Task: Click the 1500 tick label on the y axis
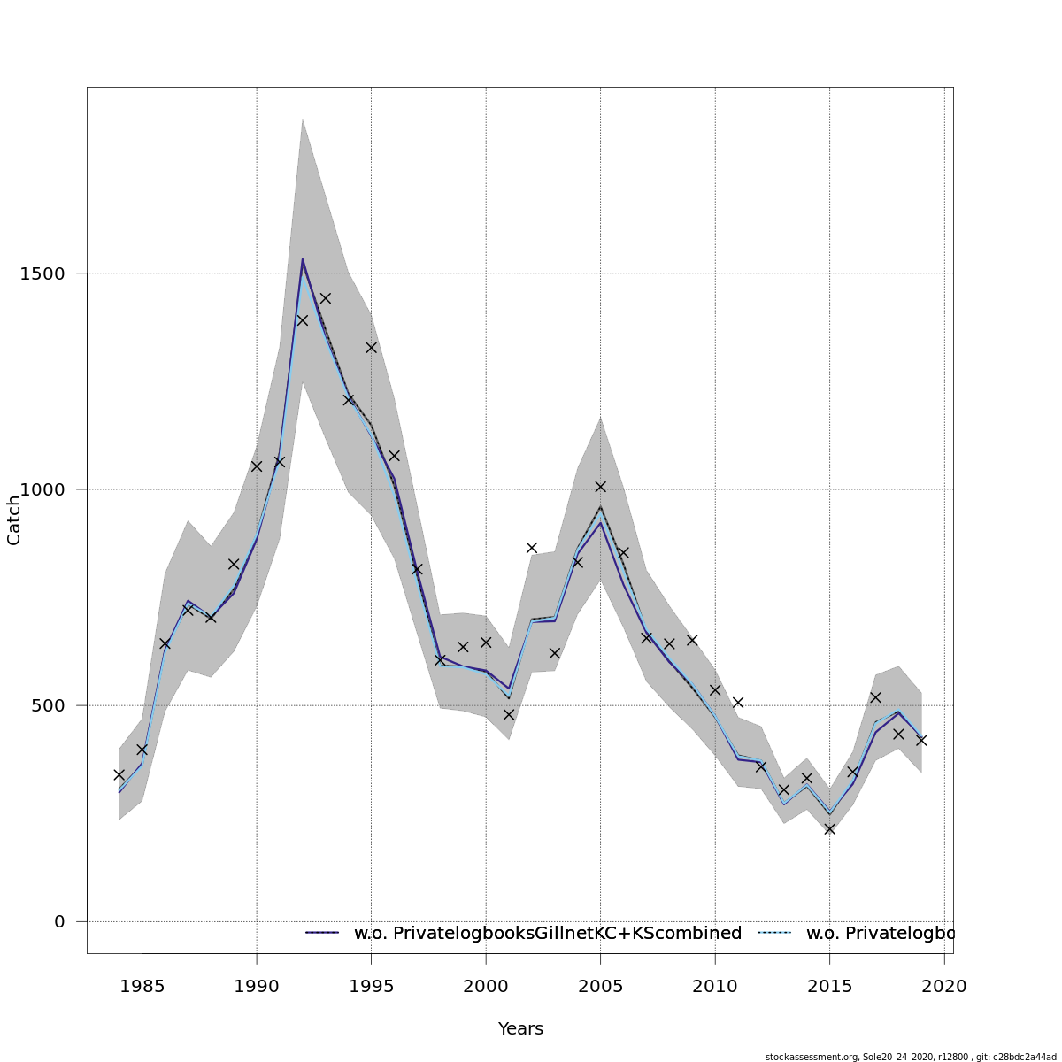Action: (x=42, y=273)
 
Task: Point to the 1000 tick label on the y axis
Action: (x=42, y=489)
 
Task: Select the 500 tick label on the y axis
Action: (x=48, y=705)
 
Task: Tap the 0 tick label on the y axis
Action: (x=59, y=921)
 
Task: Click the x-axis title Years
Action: (x=520, y=1028)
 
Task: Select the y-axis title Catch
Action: (x=14, y=520)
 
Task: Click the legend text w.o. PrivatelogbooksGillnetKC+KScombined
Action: (x=547, y=933)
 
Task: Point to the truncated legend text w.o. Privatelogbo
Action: (x=881, y=933)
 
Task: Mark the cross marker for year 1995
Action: (x=371, y=348)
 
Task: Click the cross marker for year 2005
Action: (x=600, y=487)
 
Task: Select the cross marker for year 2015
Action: (x=829, y=828)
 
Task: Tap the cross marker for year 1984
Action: (x=119, y=774)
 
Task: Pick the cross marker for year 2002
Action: (x=532, y=548)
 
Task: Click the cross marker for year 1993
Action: (x=325, y=298)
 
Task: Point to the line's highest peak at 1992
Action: (x=302, y=259)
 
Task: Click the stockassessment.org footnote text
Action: (x=911, y=1056)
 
